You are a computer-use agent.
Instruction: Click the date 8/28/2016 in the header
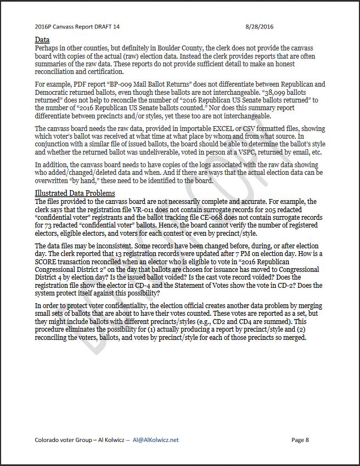click(x=259, y=26)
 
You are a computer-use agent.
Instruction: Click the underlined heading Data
click(x=42, y=40)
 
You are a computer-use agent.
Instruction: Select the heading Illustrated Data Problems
click(x=75, y=194)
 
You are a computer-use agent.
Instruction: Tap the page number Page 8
click(x=300, y=440)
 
